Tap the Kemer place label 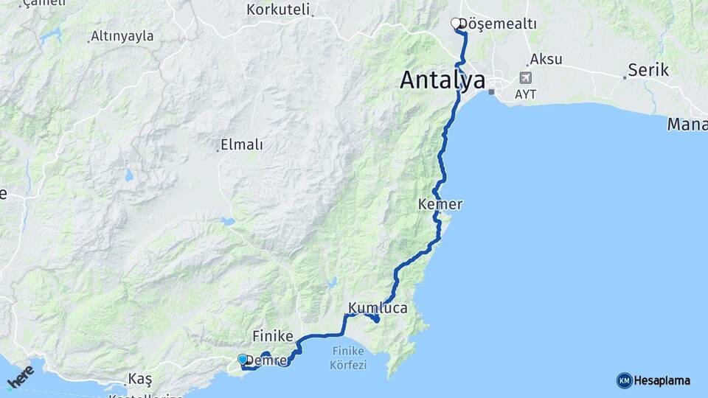(440, 204)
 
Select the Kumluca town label (378, 308)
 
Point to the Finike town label (274, 335)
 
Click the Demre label (265, 360)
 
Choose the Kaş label (140, 379)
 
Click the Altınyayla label (122, 36)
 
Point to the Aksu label (546, 60)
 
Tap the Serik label (648, 71)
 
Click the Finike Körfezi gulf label (349, 358)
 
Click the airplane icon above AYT (525, 77)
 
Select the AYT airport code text (526, 94)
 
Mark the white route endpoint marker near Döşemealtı (456, 24)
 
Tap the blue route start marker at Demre (243, 359)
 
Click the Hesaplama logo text (662, 380)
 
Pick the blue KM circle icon (625, 380)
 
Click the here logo (21, 376)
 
